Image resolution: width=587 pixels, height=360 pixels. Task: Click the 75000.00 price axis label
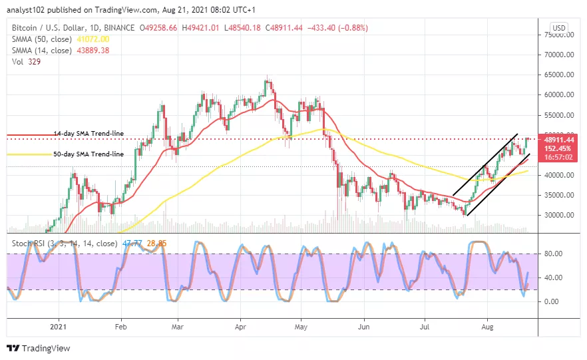click(557, 35)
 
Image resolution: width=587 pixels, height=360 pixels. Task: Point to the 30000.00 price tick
click(557, 215)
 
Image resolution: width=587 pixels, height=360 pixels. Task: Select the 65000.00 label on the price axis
click(557, 75)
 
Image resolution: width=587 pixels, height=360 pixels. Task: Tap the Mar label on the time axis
click(177, 327)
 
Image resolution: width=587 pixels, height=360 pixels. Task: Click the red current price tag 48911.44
click(558, 140)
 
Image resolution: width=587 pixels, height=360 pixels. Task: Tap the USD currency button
click(559, 28)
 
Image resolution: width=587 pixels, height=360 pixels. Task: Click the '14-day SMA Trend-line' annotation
click(89, 134)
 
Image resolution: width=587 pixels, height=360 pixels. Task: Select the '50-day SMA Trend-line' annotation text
click(89, 154)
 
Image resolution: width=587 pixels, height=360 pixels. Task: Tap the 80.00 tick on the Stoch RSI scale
click(553, 254)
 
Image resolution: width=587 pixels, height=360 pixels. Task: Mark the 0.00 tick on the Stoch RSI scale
click(551, 301)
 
